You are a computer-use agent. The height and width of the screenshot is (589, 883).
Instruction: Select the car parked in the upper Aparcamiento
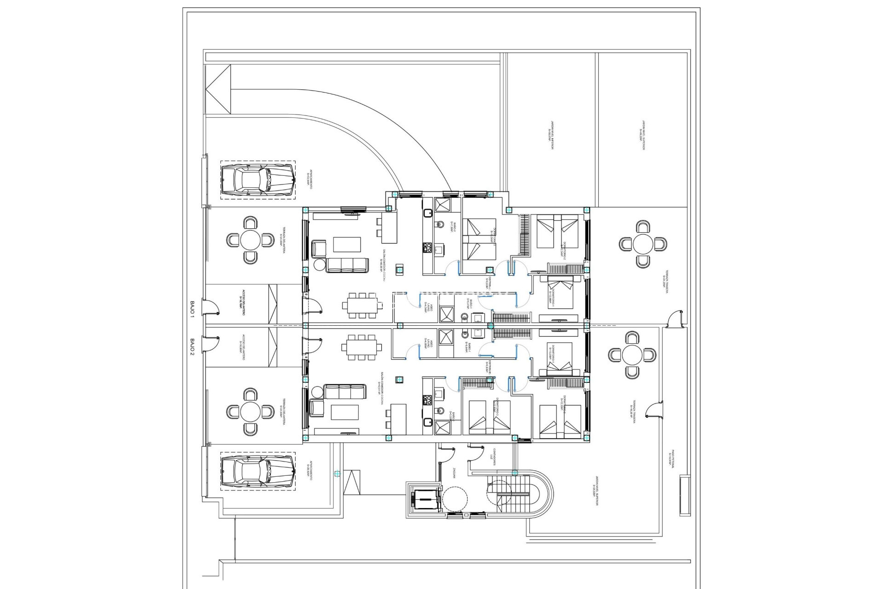(x=258, y=180)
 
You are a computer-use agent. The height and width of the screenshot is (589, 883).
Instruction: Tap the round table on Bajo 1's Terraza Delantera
(x=250, y=240)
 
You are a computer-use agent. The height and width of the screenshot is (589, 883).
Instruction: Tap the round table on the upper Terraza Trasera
(x=642, y=244)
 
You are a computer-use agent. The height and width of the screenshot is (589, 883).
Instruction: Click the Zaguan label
(x=453, y=474)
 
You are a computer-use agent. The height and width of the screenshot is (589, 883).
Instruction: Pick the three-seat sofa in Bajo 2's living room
(x=344, y=392)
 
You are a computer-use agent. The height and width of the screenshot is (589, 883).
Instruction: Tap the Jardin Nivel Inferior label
(x=550, y=135)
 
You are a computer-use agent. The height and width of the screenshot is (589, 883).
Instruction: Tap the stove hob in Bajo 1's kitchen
(x=426, y=248)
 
